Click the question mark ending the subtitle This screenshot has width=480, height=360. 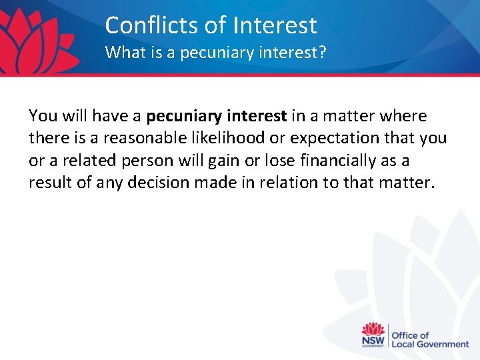click(x=323, y=52)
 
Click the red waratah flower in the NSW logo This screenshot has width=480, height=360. click(x=373, y=330)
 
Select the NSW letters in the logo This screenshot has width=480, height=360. click(x=373, y=342)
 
